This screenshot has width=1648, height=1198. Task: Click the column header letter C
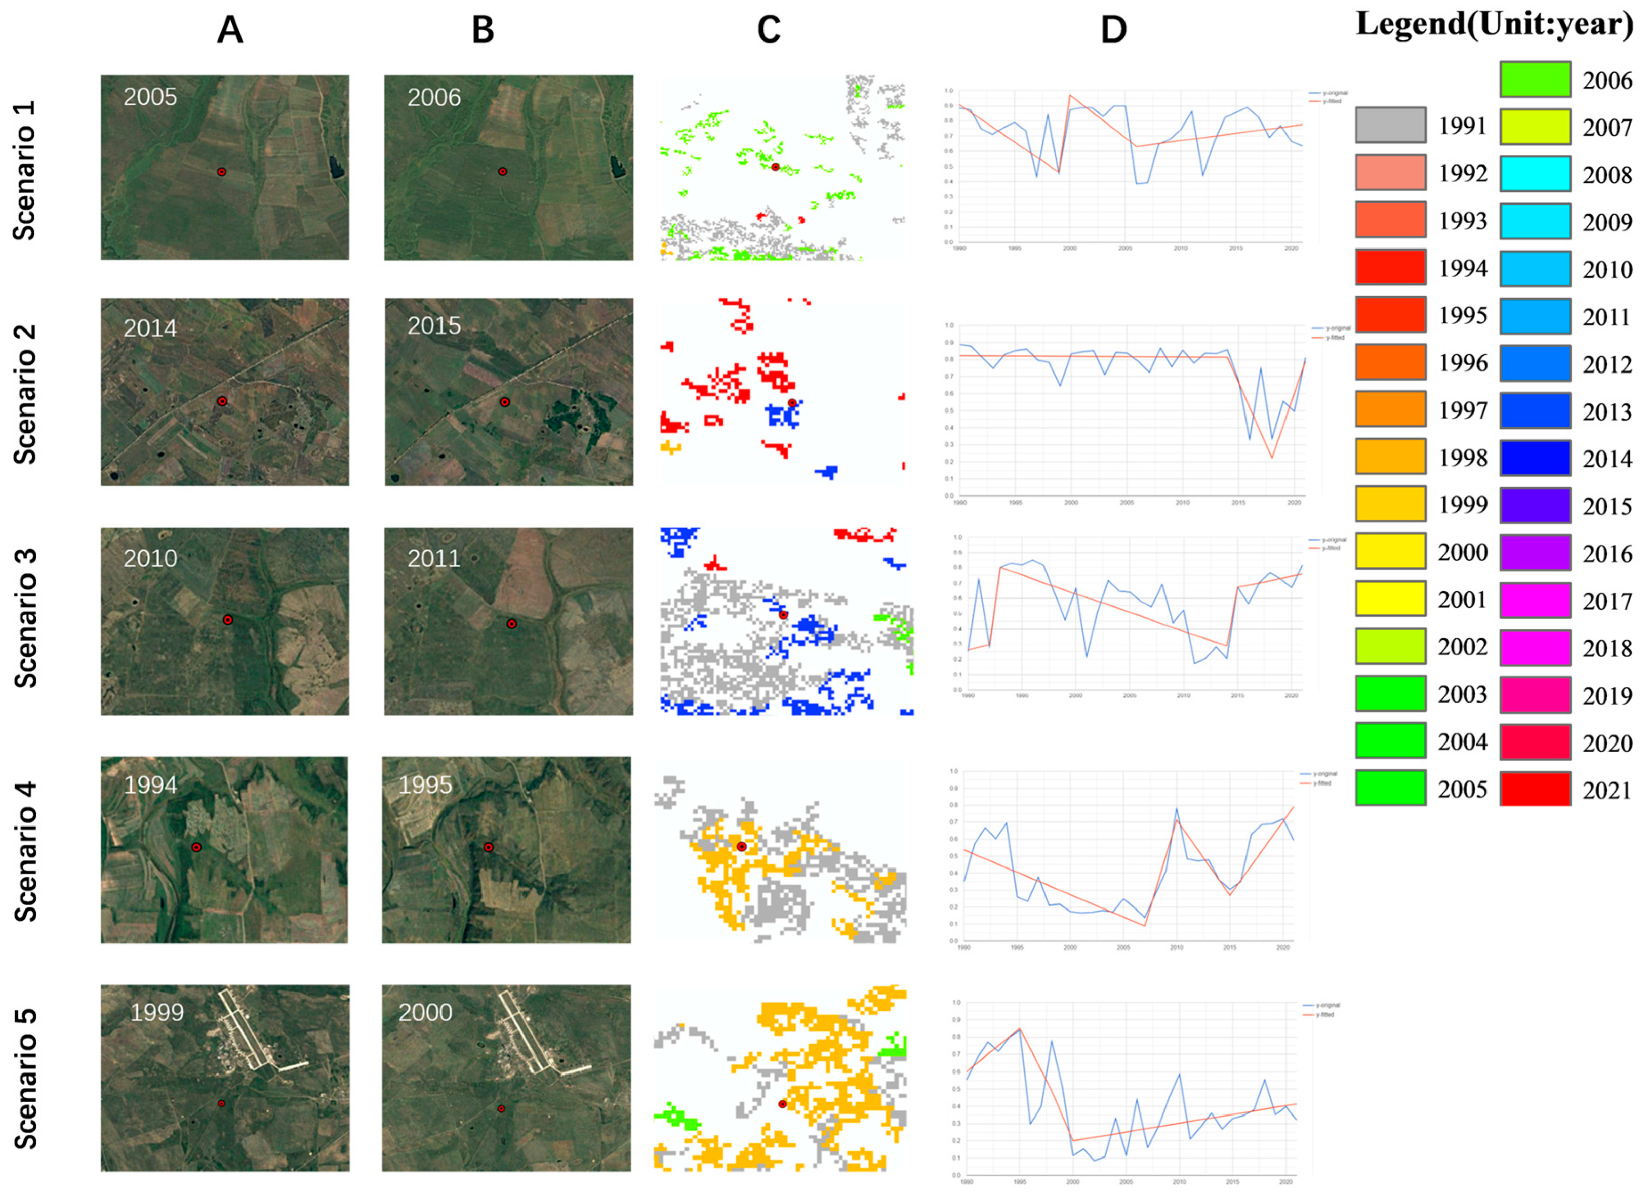pos(768,30)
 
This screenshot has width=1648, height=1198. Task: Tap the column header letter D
pos(1113,30)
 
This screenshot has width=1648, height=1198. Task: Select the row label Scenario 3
pos(25,618)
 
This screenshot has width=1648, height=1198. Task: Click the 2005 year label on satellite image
pos(150,97)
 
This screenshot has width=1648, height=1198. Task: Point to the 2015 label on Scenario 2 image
pos(434,325)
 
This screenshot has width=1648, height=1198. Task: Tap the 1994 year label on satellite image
pos(150,784)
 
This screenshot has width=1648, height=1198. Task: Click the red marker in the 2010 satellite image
pos(227,619)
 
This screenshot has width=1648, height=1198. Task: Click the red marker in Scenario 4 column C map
pos(741,847)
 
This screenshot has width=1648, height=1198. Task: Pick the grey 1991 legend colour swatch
pos(1390,126)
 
